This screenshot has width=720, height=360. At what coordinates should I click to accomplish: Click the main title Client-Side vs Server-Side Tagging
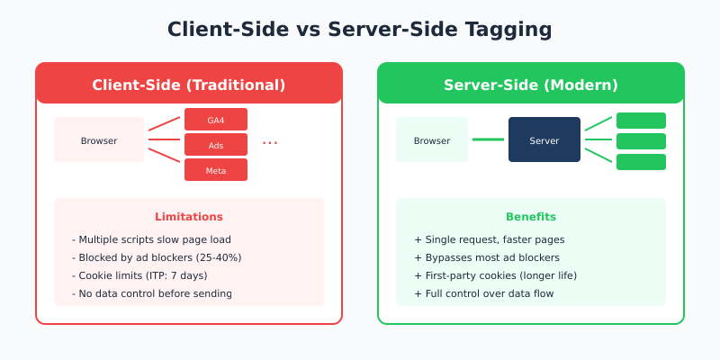click(x=360, y=29)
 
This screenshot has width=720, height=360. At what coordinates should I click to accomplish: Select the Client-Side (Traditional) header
click(x=189, y=85)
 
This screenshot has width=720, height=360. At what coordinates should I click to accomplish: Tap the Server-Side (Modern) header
click(x=531, y=85)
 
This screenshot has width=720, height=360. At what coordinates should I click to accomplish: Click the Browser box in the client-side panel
click(x=99, y=140)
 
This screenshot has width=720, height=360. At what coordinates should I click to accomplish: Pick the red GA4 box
click(x=216, y=120)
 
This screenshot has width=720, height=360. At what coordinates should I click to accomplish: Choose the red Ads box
click(x=216, y=145)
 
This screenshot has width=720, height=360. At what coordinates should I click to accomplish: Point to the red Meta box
click(x=216, y=170)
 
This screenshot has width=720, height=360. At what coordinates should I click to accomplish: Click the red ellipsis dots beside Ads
click(x=270, y=142)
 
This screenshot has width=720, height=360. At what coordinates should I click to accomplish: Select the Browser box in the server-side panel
click(x=432, y=140)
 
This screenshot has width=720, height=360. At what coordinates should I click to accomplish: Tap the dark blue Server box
click(x=544, y=140)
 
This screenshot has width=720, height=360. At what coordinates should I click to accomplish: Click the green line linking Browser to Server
click(x=488, y=139)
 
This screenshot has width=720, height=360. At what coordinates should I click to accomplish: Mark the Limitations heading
click(x=189, y=217)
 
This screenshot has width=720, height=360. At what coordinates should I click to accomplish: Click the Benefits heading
click(x=531, y=217)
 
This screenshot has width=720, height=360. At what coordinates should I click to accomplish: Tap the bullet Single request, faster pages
click(x=489, y=239)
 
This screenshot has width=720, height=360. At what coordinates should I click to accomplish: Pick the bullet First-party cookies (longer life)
click(x=495, y=275)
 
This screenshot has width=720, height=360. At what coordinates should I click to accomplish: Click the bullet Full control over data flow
click(x=484, y=293)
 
